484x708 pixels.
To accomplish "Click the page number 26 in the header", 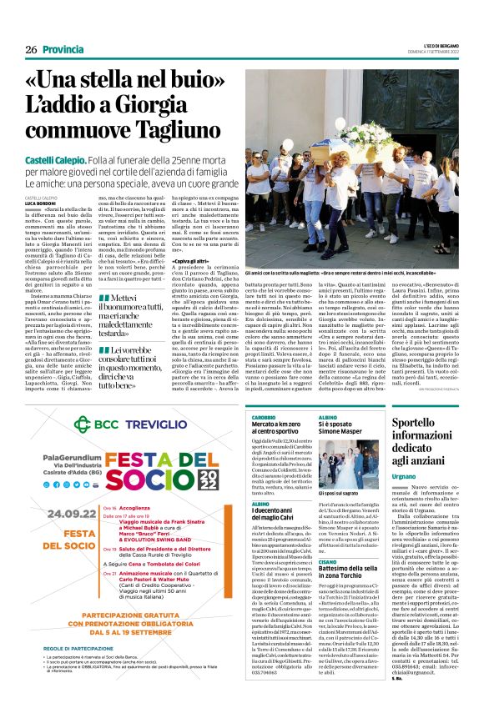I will point(31,50).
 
